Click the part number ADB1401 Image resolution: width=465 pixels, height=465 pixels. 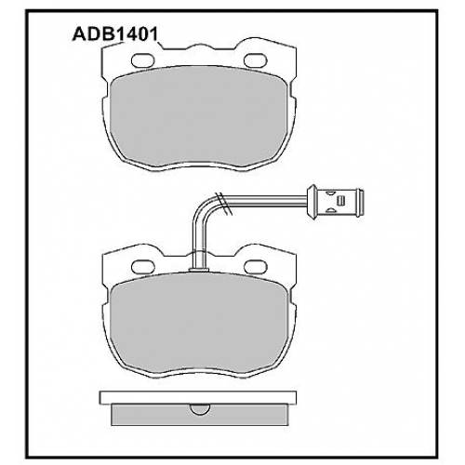pyautogui.click(x=114, y=34)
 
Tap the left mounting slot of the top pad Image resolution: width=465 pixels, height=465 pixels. pyautogui.click(x=143, y=60)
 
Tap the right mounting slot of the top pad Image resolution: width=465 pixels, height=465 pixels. pyautogui.click(x=256, y=60)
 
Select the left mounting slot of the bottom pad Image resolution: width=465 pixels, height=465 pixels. pyautogui.click(x=143, y=267)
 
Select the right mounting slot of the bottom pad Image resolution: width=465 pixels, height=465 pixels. pyautogui.click(x=256, y=267)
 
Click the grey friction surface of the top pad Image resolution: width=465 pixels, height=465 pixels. pyautogui.click(x=198, y=118)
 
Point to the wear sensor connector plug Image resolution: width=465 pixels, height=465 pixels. pyautogui.click(x=334, y=201)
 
